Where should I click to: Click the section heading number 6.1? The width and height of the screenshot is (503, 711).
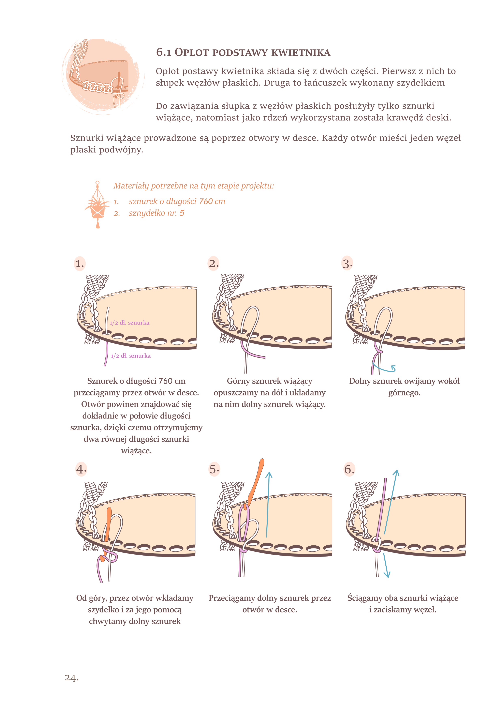(164, 52)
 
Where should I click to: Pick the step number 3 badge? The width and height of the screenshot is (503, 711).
(347, 263)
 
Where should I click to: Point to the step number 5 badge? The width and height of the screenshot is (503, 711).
(214, 469)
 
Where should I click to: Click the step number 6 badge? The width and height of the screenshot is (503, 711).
(349, 469)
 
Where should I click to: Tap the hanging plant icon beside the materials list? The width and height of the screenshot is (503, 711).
(98, 205)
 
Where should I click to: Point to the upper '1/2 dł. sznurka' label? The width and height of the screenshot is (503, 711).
(130, 323)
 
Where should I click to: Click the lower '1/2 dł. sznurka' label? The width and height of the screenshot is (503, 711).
(131, 356)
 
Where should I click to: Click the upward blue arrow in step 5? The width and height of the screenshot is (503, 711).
(268, 503)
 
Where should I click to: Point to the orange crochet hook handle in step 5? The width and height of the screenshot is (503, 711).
(257, 479)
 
